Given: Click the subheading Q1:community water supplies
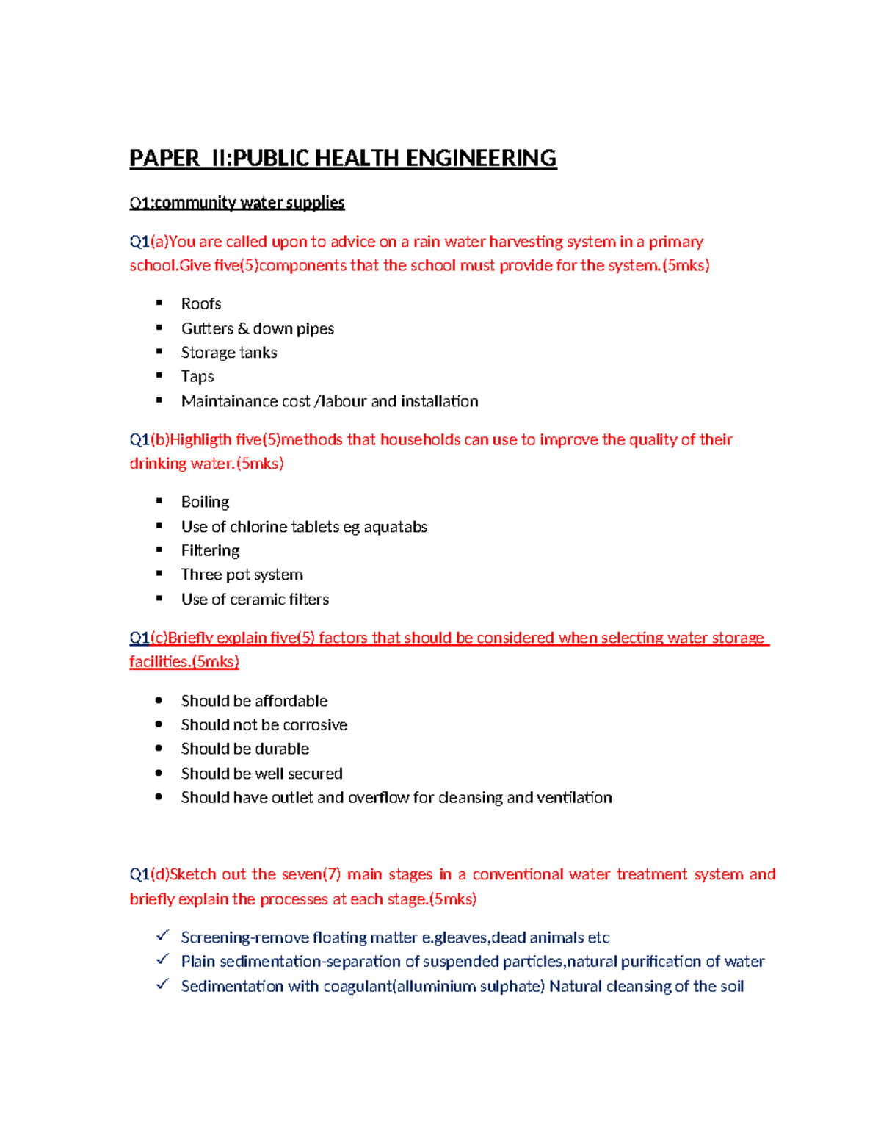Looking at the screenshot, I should click(236, 203).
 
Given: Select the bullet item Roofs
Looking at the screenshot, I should click(201, 304).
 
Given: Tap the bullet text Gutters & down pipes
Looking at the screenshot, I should click(257, 328).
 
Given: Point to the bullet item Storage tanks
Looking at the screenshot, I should click(229, 353).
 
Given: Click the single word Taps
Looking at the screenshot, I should click(197, 377).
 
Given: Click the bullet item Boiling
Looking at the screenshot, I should click(205, 502).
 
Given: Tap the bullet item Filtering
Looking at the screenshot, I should click(210, 551).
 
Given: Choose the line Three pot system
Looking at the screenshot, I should click(242, 575).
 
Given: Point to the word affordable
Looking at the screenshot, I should click(291, 701).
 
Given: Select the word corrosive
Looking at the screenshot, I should click(315, 725).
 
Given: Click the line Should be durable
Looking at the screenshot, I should click(244, 749).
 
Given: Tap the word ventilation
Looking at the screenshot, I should click(574, 798).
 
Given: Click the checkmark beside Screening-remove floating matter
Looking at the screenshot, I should click(162, 935).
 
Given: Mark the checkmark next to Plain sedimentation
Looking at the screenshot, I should click(162, 960).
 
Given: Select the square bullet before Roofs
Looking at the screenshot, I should click(159, 303).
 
